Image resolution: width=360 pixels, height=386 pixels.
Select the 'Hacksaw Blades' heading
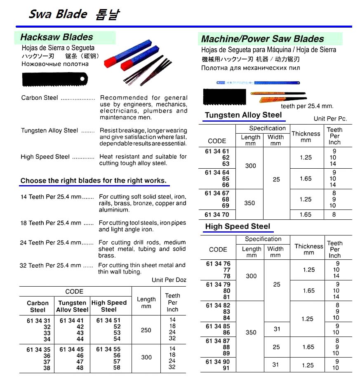(x=57, y=37)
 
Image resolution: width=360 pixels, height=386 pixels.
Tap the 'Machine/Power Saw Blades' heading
(x=263, y=39)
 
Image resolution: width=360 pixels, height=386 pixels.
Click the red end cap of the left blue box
(x=110, y=61)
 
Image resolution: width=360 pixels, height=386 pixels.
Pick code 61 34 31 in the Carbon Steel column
(x=38, y=320)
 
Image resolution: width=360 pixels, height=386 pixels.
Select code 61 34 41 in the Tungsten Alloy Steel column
(x=72, y=320)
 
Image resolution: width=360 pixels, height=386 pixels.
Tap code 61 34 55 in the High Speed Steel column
(x=108, y=349)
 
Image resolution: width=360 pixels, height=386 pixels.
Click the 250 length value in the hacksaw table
(x=146, y=330)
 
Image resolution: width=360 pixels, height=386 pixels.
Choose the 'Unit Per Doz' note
(x=169, y=280)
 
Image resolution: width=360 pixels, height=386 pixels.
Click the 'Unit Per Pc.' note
(x=330, y=118)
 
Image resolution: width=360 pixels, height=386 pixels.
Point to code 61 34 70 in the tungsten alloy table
(x=217, y=215)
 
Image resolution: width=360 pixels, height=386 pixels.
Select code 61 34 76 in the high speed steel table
(x=218, y=264)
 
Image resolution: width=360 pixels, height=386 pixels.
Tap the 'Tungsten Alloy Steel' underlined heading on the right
(x=243, y=115)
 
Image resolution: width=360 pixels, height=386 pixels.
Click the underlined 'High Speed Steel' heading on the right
(x=238, y=226)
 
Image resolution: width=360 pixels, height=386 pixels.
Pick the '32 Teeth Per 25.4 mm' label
(x=51, y=266)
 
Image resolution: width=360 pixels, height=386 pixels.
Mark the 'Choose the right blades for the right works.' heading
(x=94, y=181)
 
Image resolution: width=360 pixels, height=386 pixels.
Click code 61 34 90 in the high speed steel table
(x=218, y=362)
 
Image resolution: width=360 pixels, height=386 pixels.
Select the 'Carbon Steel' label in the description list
(x=40, y=98)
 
